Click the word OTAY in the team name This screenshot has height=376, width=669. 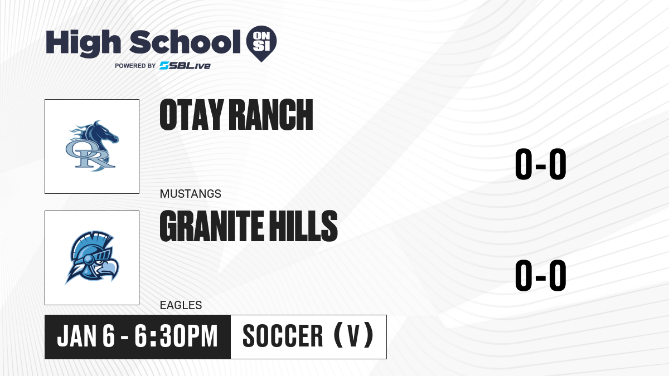[192, 115]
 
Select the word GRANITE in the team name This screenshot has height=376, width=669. [211, 226]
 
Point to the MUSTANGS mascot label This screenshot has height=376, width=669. [191, 194]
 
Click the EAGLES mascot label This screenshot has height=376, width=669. [181, 305]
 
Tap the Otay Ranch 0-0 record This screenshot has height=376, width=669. [541, 164]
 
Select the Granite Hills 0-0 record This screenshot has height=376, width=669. [541, 275]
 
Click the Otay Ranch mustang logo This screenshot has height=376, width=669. [92, 146]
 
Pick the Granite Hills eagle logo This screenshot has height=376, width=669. [92, 257]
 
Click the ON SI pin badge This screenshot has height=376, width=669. [261, 43]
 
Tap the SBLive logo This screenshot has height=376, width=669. [185, 65]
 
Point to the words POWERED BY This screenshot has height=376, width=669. [135, 66]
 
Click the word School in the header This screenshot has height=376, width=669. [185, 42]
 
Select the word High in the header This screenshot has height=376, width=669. [83, 43]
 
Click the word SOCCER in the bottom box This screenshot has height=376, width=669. [283, 336]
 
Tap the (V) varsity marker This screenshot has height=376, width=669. [353, 336]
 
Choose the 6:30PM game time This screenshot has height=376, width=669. [176, 336]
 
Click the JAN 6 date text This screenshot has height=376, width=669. [86, 336]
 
